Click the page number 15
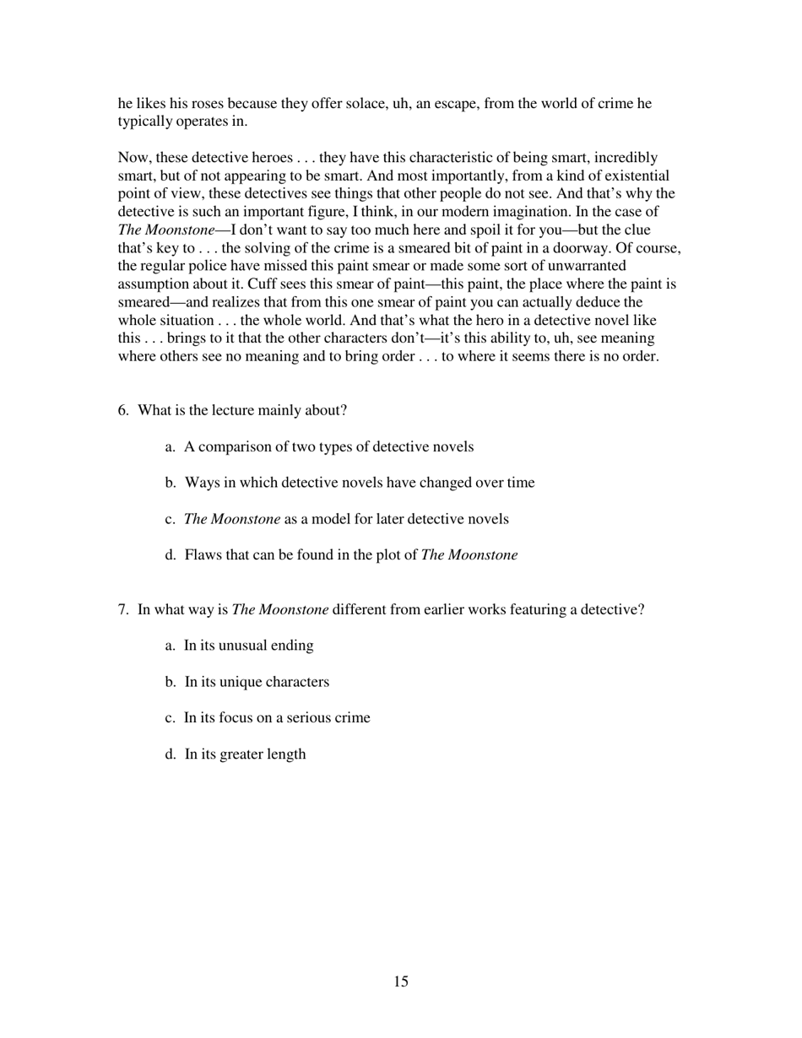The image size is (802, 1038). point(400,981)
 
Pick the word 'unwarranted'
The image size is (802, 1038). point(588,267)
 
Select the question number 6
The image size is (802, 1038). point(123,411)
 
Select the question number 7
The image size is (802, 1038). point(123,609)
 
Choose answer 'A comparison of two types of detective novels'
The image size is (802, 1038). point(328,447)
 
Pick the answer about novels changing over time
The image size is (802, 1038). point(359,483)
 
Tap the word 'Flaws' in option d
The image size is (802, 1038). point(203,555)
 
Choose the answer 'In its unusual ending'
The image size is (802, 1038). point(248,646)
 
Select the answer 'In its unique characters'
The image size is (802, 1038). point(257,682)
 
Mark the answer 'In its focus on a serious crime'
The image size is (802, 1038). point(277,718)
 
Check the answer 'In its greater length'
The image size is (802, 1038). point(245,754)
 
